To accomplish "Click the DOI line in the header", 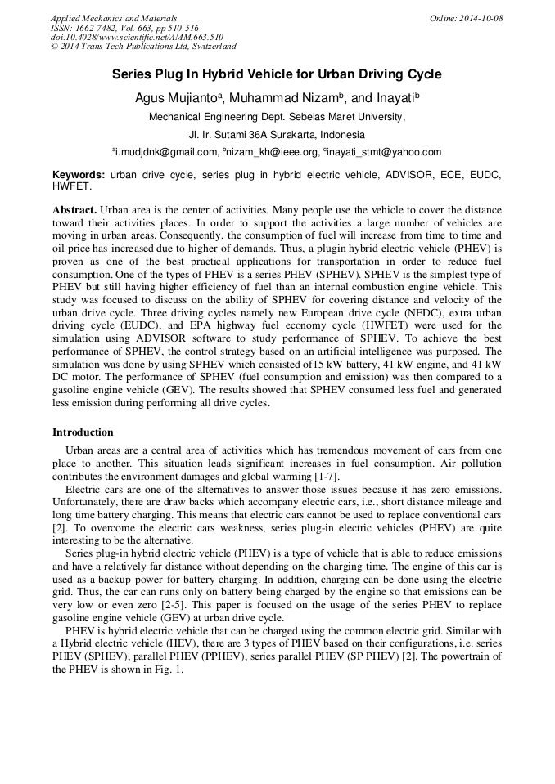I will coord(137,38).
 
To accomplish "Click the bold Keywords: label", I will coord(79,175).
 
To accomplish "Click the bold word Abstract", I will coord(74,210).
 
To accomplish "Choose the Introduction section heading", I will coord(83,432).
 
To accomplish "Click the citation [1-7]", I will coord(326,477).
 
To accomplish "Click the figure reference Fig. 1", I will coord(169,669).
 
